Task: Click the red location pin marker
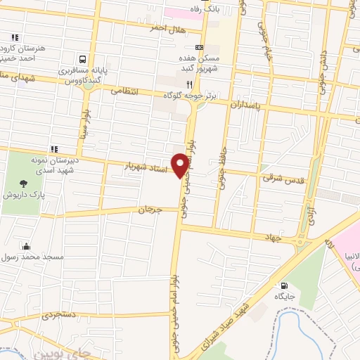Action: click(182, 165)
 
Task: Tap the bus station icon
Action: click(83, 60)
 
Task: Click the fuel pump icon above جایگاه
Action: click(284, 286)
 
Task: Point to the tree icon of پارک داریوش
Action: click(25, 184)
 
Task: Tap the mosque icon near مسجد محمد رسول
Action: click(26, 246)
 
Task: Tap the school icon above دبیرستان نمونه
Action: click(54, 149)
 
